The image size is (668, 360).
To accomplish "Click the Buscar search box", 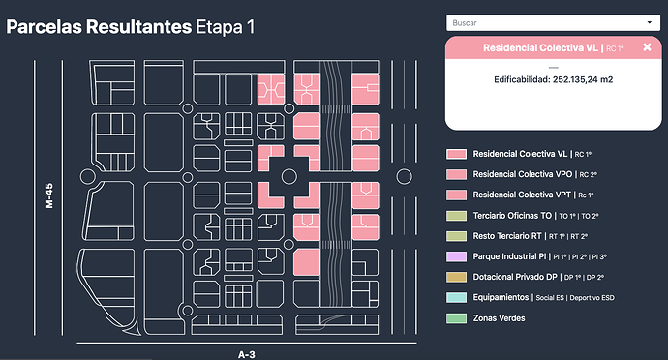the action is [x=553, y=23].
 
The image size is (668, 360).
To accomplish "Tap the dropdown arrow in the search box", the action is [x=650, y=22].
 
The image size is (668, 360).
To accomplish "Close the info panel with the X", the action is [x=647, y=47].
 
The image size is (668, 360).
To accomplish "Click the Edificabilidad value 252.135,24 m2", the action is [x=583, y=79].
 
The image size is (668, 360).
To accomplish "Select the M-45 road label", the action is [x=49, y=196].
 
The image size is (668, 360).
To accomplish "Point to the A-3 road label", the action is [x=247, y=354].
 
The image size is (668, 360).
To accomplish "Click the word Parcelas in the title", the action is [x=45, y=27].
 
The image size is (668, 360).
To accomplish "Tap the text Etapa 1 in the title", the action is [x=225, y=27].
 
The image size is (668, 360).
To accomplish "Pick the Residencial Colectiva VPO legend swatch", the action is [x=456, y=174].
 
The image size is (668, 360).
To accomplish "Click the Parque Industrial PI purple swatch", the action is [x=456, y=256].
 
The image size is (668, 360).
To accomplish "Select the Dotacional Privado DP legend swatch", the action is [x=456, y=277].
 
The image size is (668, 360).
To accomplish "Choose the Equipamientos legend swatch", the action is [x=456, y=297].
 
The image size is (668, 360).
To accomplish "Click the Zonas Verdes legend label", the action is [x=499, y=318].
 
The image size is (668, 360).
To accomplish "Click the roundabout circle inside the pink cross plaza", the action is [x=289, y=169].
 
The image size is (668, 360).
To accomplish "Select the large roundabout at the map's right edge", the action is [x=404, y=169].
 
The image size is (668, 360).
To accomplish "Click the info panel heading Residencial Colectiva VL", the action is [x=540, y=47].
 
